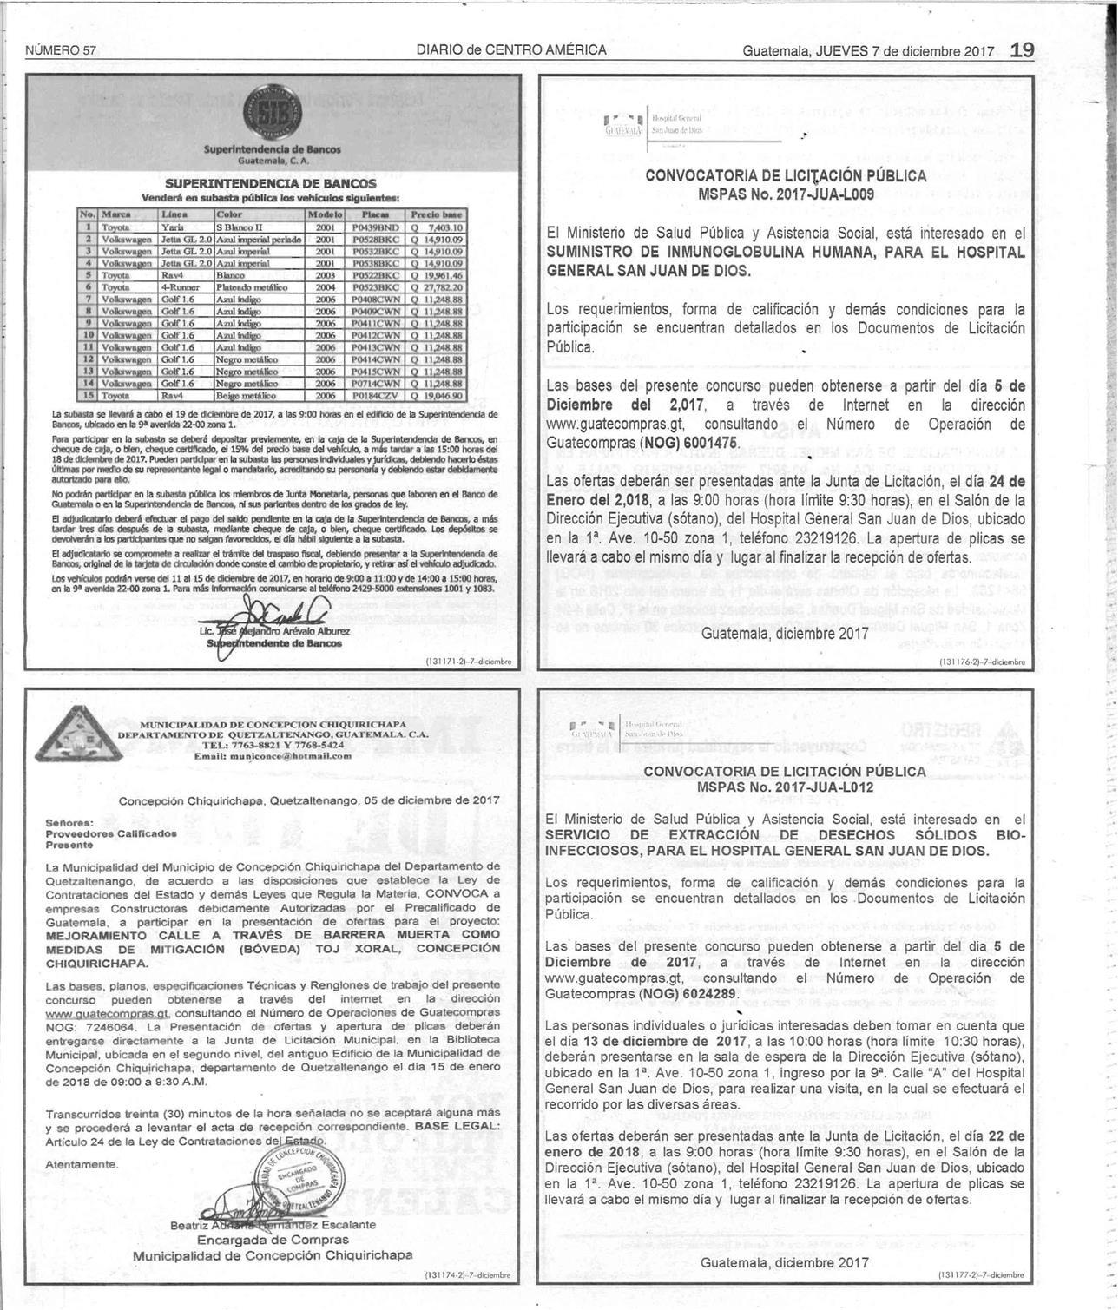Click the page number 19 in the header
[x=1022, y=49]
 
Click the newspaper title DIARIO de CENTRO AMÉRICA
[x=511, y=50]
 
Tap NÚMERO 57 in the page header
[x=61, y=50]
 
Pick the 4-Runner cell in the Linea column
[x=183, y=286]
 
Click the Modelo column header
[x=326, y=214]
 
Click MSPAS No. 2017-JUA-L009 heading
[x=786, y=192]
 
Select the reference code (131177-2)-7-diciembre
[x=982, y=1274]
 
